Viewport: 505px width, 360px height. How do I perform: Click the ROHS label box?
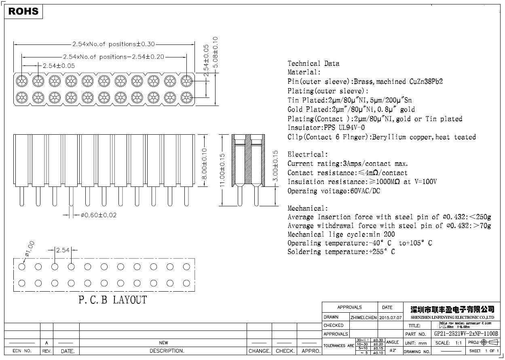coord(23,11)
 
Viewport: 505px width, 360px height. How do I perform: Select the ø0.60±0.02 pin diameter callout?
coord(98,215)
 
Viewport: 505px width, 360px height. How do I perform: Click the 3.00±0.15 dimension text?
coord(275,167)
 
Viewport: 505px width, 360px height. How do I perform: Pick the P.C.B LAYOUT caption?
coord(112,300)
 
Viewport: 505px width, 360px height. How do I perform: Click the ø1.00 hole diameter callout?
coord(30,249)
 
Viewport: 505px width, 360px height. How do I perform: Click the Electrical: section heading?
coord(308,155)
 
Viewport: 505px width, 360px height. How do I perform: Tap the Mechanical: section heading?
coord(308,208)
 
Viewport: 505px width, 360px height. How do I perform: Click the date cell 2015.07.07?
coord(390,318)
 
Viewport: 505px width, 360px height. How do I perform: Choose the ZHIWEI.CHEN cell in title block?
coord(363,318)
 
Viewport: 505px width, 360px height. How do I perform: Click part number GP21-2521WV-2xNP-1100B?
coord(466,334)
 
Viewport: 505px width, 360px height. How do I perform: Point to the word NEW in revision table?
coord(163,343)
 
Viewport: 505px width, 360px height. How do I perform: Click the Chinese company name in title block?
coord(452,309)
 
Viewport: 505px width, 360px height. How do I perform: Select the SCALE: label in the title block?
coord(442,343)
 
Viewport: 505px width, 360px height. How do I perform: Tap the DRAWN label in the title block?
coord(331,317)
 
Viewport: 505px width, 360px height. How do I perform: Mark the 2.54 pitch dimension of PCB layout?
coord(63,250)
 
